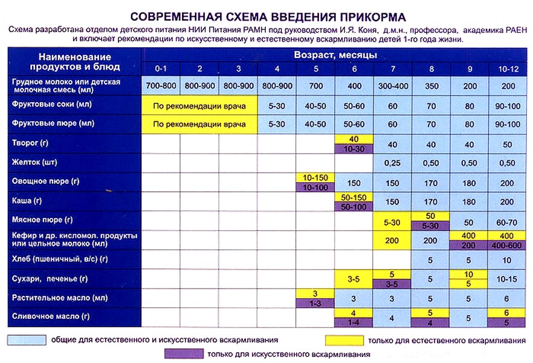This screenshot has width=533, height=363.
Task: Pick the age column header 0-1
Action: click(x=161, y=68)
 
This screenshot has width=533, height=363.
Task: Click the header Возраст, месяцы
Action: click(x=335, y=54)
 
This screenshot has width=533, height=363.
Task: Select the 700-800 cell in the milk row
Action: click(x=161, y=85)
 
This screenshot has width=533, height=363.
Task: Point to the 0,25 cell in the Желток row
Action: click(x=393, y=163)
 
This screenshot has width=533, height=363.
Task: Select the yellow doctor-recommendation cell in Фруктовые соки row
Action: click(x=199, y=106)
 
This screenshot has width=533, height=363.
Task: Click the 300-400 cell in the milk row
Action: click(x=393, y=85)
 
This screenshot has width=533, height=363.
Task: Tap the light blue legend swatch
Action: click(x=27, y=340)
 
